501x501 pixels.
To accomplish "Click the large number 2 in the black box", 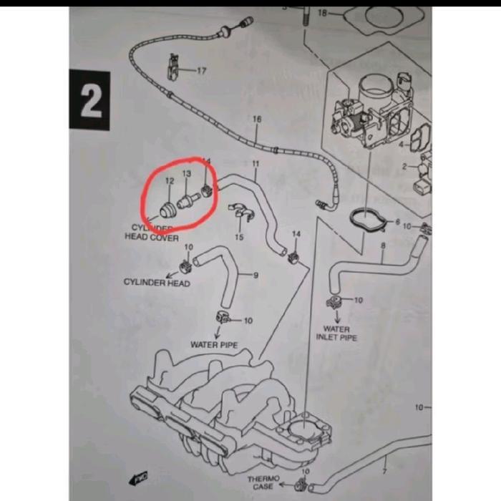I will point(90,102).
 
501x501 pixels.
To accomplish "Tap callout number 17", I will point(201,71).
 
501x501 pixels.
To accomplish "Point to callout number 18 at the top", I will point(322,13).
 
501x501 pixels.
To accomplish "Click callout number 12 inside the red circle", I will point(170,183).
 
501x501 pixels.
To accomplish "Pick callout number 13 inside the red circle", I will point(187,174).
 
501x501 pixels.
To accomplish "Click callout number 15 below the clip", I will point(239,236).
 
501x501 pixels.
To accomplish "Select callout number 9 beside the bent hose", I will point(256,274).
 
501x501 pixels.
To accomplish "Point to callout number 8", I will point(383,245).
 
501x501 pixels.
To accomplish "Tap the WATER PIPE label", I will point(213,344).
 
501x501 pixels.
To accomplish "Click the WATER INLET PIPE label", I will point(336,333).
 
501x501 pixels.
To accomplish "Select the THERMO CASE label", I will point(262,482).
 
